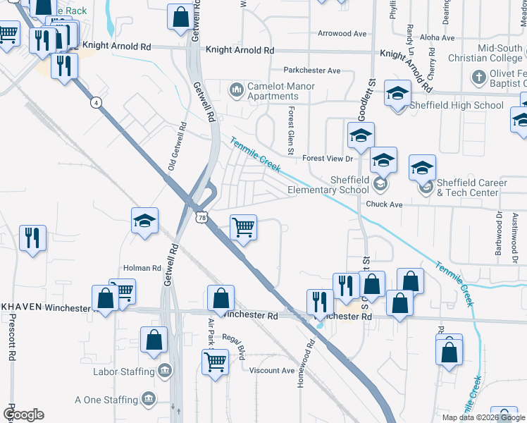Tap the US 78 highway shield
[203, 219]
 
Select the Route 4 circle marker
[94, 103]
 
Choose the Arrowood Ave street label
[342, 33]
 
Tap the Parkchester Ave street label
[312, 70]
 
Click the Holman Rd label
[142, 268]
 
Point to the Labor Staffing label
[125, 372]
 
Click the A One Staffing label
[106, 400]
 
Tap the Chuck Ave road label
[383, 204]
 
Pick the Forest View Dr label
[326, 159]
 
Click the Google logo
[23, 415]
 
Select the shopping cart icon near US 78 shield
[243, 228]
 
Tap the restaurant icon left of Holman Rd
[32, 238]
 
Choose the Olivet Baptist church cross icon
[478, 76]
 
